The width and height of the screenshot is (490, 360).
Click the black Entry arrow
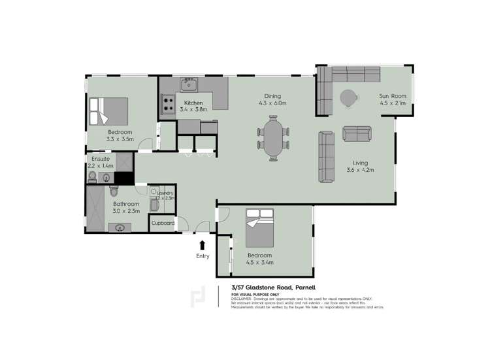[x=203, y=245]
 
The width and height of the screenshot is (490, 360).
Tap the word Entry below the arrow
[x=203, y=256]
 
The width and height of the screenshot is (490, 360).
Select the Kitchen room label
[x=193, y=103]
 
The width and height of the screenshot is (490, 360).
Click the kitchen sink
[x=189, y=84]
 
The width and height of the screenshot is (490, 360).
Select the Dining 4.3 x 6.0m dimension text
[x=272, y=99]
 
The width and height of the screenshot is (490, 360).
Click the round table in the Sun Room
[x=348, y=97]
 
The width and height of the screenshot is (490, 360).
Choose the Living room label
[x=360, y=165]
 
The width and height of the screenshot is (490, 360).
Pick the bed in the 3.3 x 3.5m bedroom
[x=108, y=110]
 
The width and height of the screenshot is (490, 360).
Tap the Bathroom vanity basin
[x=120, y=228]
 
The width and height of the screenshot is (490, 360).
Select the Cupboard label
[x=163, y=223]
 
